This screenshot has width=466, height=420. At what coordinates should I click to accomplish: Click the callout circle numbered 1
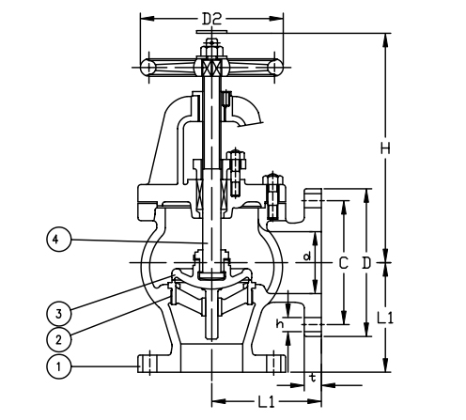pos(58,366)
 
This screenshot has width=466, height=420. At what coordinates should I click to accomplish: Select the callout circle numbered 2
pos(58,339)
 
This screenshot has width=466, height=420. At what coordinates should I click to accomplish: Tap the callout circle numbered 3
pos(58,314)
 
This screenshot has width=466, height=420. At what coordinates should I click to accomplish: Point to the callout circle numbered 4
pos(58,240)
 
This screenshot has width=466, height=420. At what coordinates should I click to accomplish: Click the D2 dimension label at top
pos(211,19)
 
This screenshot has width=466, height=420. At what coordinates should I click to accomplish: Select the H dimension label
pos(385,148)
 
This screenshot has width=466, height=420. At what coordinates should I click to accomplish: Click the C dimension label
pos(344,263)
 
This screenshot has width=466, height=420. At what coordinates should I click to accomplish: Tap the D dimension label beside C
pos(366,263)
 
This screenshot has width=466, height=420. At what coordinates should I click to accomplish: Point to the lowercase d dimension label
pos(307,257)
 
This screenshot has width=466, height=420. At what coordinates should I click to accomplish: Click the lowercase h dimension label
pos(280,323)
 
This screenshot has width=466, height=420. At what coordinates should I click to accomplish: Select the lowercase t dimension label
pos(313,378)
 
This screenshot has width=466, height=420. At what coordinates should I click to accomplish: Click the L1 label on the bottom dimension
pos(266,401)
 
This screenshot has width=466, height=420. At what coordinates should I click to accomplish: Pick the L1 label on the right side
pos(384,318)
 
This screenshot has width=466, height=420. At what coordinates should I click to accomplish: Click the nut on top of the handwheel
pos(211,52)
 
